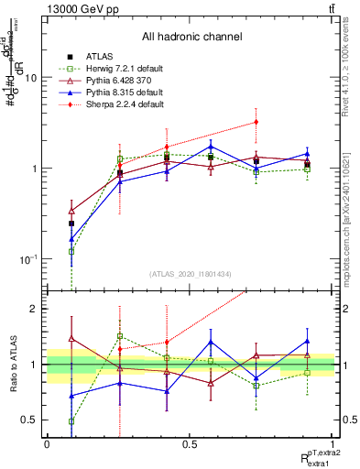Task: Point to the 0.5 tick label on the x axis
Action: (190, 443)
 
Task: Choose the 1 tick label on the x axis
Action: (333, 443)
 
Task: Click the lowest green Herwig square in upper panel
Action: (71, 251)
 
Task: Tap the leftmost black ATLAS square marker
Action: (71, 223)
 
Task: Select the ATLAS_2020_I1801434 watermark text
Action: (191, 274)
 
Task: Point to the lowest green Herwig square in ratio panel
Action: (71, 421)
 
